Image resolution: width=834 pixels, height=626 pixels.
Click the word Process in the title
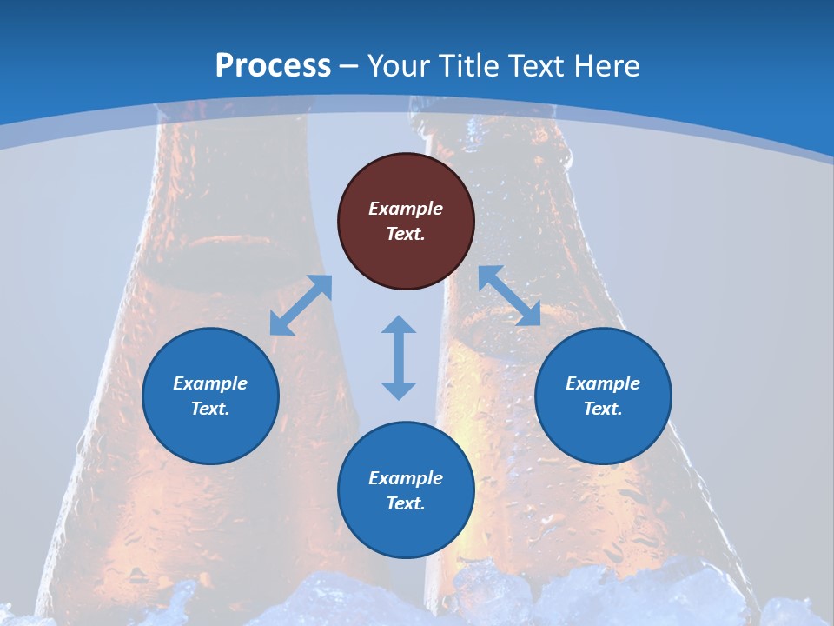[x=273, y=65]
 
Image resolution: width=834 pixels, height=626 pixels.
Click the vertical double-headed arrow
[x=399, y=357]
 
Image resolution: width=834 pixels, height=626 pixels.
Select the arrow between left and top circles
[x=301, y=305]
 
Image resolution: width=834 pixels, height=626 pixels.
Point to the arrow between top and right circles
[x=510, y=296]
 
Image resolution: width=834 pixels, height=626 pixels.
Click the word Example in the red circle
[x=406, y=209]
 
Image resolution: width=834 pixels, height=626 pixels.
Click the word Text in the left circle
[x=210, y=409]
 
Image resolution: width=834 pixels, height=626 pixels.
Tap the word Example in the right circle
[x=603, y=383]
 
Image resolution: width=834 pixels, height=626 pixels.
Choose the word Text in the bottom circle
[x=406, y=503]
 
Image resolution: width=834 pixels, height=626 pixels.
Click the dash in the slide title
[x=348, y=66]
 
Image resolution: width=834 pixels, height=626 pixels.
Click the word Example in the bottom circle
[x=406, y=478]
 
